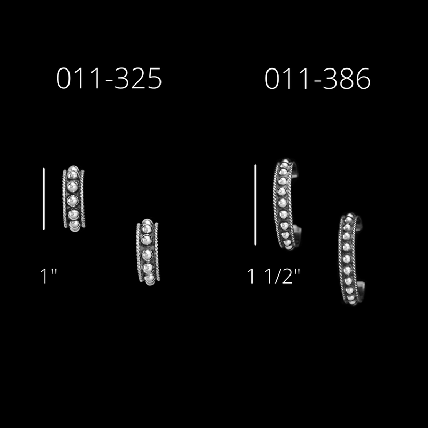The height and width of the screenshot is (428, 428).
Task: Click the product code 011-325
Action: pyautogui.click(x=109, y=78)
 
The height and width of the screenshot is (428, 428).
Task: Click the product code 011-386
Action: pyautogui.click(x=317, y=78)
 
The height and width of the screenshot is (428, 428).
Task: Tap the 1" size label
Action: pyautogui.click(x=48, y=276)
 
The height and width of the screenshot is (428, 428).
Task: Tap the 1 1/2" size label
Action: pyautogui.click(x=273, y=276)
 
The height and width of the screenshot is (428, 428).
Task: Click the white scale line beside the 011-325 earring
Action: pyautogui.click(x=44, y=198)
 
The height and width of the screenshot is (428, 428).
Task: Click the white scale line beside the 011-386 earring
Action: pyautogui.click(x=255, y=205)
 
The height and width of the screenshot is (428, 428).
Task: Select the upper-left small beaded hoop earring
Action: pyautogui.click(x=73, y=198)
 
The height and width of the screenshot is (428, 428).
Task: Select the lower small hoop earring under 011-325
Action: pyautogui.click(x=148, y=251)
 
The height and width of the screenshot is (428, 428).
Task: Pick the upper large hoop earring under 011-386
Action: pyautogui.click(x=287, y=204)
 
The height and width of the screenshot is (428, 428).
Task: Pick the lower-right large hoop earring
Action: pyautogui.click(x=351, y=259)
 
